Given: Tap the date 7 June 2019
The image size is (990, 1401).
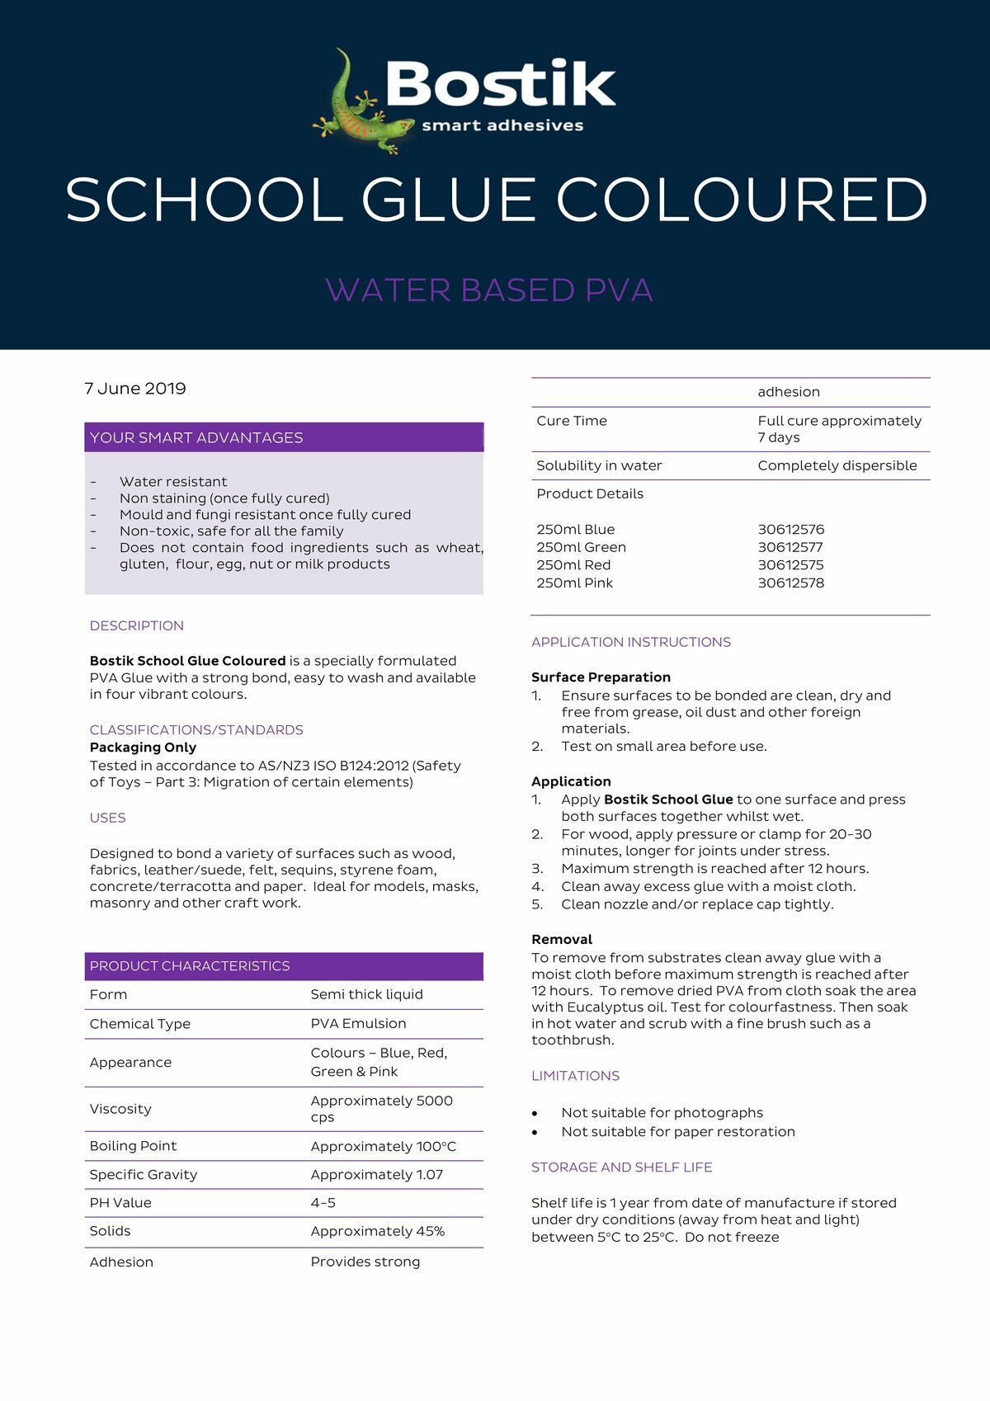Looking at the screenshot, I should [135, 389].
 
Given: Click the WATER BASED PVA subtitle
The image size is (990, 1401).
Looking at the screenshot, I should [489, 290].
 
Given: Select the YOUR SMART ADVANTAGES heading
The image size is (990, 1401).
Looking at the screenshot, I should [196, 438].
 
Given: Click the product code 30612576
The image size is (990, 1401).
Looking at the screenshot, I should [790, 530].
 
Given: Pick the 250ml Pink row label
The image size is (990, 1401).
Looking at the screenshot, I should [575, 583].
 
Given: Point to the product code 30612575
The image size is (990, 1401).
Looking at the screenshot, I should [790, 565].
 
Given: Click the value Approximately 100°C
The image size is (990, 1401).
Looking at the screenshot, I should [383, 1147].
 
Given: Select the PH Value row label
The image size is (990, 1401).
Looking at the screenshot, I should [120, 1203].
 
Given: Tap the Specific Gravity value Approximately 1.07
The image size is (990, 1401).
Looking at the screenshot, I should [376, 1175].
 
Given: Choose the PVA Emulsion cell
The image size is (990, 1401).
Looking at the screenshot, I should [358, 1024].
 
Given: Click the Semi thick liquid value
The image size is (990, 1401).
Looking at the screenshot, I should [366, 995].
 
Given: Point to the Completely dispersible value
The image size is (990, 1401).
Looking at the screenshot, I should [837, 466].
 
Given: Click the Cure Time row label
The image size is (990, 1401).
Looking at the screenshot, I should [572, 421].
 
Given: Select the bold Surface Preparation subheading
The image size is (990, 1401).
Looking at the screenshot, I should [601, 677].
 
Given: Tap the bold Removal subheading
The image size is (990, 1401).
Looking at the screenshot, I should [562, 940].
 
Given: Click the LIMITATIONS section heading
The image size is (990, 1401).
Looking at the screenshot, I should [575, 1076].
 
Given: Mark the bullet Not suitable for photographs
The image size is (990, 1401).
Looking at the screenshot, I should [662, 1113].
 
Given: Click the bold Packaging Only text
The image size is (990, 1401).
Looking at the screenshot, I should [143, 748].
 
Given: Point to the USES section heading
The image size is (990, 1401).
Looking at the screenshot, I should [108, 818].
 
